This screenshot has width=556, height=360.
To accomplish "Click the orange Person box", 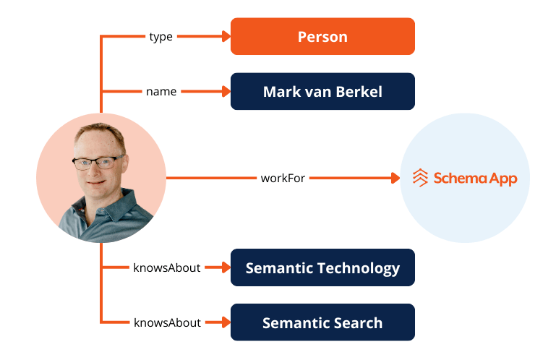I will pyautogui.click(x=322, y=36).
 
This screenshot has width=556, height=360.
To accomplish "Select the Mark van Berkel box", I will pyautogui.click(x=322, y=92).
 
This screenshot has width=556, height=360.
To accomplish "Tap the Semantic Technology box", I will pyautogui.click(x=322, y=268).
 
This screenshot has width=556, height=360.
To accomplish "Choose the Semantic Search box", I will pyautogui.click(x=322, y=322).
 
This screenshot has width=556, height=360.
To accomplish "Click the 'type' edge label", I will pyautogui.click(x=161, y=36).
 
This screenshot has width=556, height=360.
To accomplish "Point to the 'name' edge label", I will pyautogui.click(x=161, y=92).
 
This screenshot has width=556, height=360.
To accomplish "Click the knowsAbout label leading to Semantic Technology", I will pyautogui.click(x=167, y=268).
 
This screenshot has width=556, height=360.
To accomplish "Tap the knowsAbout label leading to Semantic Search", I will pyautogui.click(x=167, y=322).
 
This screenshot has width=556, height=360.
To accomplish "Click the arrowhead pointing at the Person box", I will pyautogui.click(x=224, y=36).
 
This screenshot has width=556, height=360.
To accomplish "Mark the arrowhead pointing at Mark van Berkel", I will pyautogui.click(x=224, y=92).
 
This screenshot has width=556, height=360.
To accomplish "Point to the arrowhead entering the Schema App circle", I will pyautogui.click(x=395, y=177).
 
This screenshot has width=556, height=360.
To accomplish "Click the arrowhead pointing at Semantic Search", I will pyautogui.click(x=224, y=322).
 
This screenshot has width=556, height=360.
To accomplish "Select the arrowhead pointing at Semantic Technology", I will pyautogui.click(x=224, y=268).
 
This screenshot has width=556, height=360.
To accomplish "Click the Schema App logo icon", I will pyautogui.click(x=420, y=177).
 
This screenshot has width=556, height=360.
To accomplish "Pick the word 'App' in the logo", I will pyautogui.click(x=502, y=178).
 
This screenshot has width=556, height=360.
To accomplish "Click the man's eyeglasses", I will pyautogui.click(x=97, y=161).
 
